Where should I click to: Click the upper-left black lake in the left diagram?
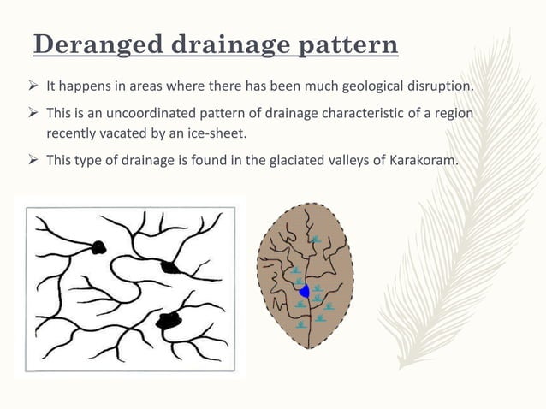[x=98, y=247]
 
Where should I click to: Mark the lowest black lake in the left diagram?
[x=169, y=321]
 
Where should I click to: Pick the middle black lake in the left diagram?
[x=172, y=267]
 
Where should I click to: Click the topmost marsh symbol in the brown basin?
[x=318, y=240]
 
